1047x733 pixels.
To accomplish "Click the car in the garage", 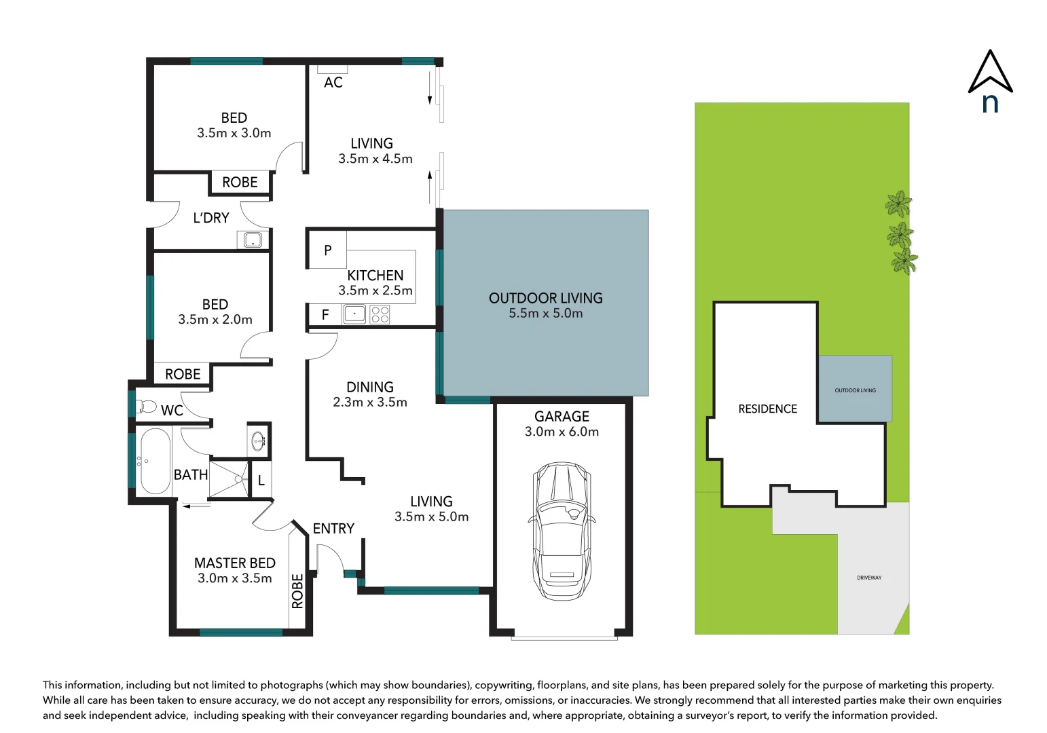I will [562, 531].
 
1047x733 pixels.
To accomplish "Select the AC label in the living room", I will [333, 83].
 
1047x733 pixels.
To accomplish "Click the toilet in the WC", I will [147, 407].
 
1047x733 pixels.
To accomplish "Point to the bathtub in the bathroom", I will [155, 461].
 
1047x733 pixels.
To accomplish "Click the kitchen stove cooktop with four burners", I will [380, 314].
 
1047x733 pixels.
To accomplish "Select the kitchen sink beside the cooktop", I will [354, 314].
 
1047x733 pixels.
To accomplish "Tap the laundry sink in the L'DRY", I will [253, 240].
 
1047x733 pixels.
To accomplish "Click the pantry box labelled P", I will [327, 250].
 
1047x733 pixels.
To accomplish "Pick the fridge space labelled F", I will [325, 315].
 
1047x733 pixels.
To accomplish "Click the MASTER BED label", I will [234, 563].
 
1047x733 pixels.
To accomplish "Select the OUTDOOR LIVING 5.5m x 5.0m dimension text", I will [545, 314].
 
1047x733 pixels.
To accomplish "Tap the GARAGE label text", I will [562, 417].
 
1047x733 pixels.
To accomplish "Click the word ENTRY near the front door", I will [333, 529].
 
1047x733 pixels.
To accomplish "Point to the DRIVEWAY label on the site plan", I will [869, 578].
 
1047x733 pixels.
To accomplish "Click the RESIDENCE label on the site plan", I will [767, 409].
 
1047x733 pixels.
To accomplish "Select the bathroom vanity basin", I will [259, 441].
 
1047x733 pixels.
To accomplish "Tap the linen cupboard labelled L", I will [261, 481].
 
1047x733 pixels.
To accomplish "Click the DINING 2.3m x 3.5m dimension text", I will [370, 402].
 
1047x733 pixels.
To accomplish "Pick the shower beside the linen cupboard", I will [229, 479].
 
